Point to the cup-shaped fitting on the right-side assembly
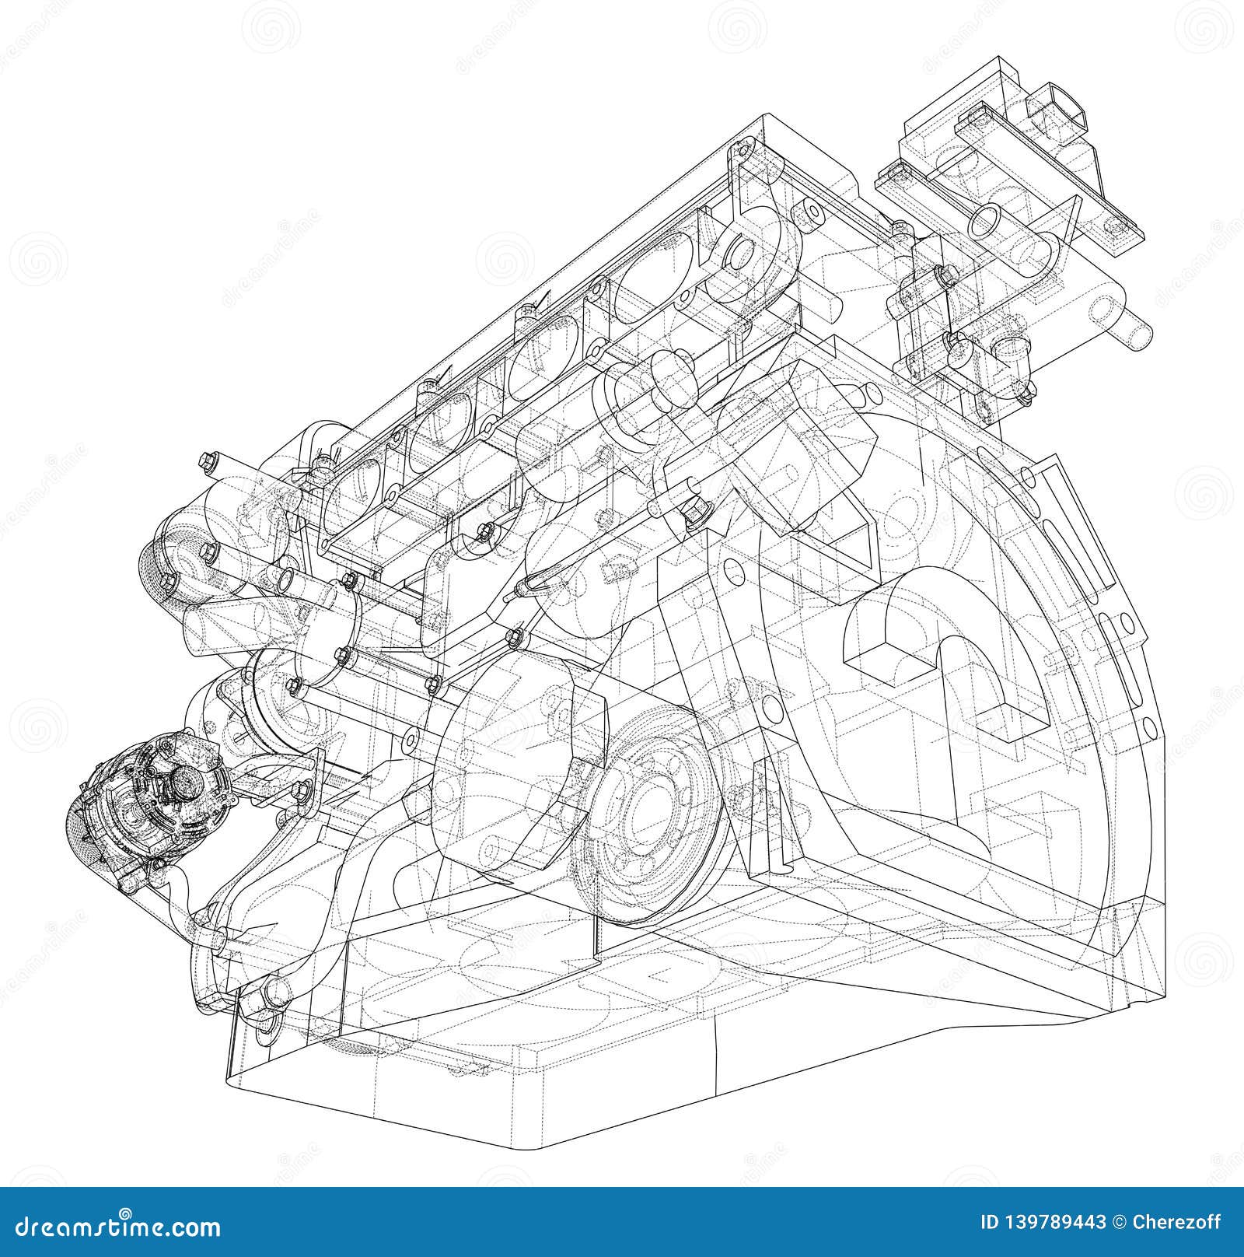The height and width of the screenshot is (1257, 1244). [1012, 349]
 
